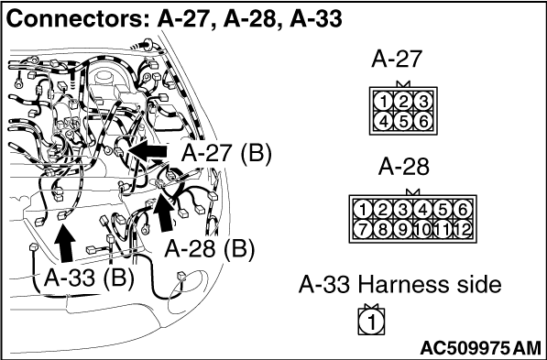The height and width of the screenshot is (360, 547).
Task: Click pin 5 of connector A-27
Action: point(403,122)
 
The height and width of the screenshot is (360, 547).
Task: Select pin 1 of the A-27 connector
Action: point(383,102)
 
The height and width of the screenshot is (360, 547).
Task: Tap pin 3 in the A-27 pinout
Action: point(423,102)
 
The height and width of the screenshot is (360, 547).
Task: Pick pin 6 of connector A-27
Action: point(423,122)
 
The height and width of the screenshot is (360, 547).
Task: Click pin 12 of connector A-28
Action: point(463,230)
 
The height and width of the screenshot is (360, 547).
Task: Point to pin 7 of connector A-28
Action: point(363,230)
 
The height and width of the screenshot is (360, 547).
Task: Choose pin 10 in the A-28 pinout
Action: point(422,230)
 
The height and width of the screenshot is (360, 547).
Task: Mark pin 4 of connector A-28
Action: point(422,210)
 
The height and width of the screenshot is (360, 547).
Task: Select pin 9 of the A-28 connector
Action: point(403,230)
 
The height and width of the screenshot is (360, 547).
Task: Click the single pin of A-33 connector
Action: point(371,322)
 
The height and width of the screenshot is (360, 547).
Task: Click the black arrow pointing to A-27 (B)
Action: point(148,151)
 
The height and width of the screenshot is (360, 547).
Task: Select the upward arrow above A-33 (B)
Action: point(65,243)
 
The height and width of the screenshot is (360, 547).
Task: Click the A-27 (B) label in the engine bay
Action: point(226,153)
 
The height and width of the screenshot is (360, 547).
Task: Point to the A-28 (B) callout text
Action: point(209,249)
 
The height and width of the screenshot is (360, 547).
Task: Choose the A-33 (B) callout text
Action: point(89,278)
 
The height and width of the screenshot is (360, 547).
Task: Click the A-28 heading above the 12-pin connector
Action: point(404,167)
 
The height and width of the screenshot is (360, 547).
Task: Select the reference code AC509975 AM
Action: point(481,348)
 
